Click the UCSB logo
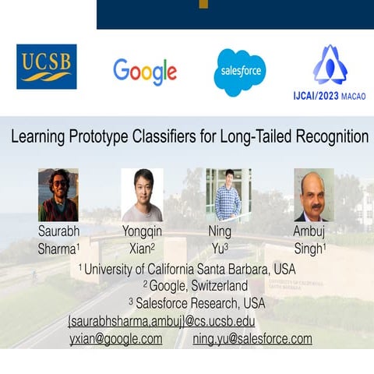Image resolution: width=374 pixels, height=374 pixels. (47, 67)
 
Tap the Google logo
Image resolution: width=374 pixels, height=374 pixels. (145, 71)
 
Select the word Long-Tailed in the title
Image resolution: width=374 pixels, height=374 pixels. (261, 137)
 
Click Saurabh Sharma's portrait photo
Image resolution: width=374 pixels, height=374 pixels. (58, 195)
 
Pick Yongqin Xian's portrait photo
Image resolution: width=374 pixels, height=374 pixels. (143, 195)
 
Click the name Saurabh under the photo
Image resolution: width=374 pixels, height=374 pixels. (59, 232)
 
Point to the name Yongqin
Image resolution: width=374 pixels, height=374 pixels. (143, 232)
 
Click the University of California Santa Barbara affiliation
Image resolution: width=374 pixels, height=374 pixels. (187, 269)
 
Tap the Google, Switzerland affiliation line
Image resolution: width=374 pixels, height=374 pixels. (195, 286)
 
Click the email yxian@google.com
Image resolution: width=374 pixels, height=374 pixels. (115, 339)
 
